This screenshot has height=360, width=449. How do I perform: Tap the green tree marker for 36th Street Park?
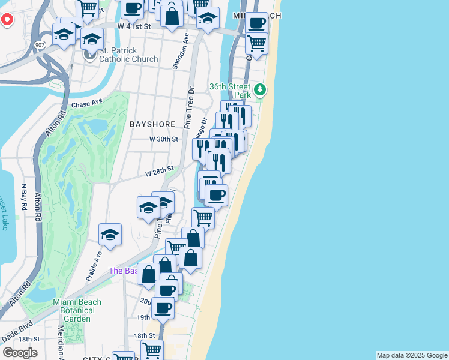259,90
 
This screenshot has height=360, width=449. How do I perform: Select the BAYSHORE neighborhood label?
152,124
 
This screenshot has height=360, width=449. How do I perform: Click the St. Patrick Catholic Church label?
128,55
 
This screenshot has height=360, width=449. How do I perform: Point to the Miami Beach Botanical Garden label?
77,306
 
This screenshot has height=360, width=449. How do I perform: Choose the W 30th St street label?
164,139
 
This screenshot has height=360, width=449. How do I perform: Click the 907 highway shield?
39,44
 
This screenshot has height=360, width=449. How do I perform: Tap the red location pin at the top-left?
7,19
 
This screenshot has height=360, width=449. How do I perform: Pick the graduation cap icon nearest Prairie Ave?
110,234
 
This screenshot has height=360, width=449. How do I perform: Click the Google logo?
20,353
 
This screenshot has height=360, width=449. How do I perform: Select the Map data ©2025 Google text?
412,355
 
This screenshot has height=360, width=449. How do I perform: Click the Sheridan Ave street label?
177,50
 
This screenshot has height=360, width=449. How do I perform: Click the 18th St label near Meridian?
28,339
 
